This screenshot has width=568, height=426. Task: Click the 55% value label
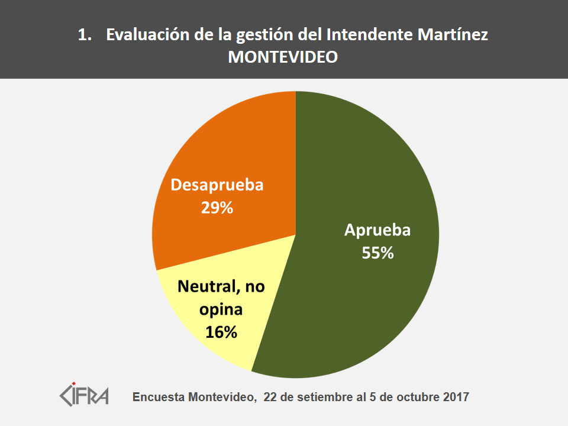[x=377, y=253]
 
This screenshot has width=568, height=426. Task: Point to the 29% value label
[x=217, y=208]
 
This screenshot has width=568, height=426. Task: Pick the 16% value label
[x=221, y=332]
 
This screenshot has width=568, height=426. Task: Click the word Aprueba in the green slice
[x=377, y=231]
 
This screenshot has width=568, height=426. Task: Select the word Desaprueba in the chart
[x=217, y=185]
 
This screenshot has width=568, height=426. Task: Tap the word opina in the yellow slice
[x=221, y=309]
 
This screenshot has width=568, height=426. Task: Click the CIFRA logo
[x=85, y=393]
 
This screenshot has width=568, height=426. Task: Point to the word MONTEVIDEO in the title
[x=283, y=57]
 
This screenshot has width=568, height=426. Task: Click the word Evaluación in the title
[x=149, y=35]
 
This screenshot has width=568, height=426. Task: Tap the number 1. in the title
[x=85, y=35]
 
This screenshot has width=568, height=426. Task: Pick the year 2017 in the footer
[x=456, y=396]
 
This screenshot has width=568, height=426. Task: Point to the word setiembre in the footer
[x=321, y=396]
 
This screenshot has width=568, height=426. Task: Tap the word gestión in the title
[x=264, y=35]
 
